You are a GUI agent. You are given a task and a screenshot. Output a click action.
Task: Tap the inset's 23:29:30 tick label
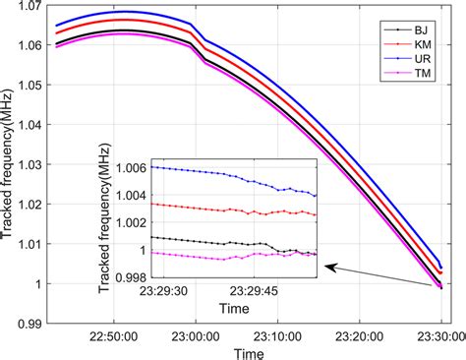(146, 291)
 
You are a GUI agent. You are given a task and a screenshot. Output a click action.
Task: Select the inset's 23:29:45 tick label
(256, 291)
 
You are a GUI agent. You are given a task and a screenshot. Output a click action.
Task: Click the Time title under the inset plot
(231, 307)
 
